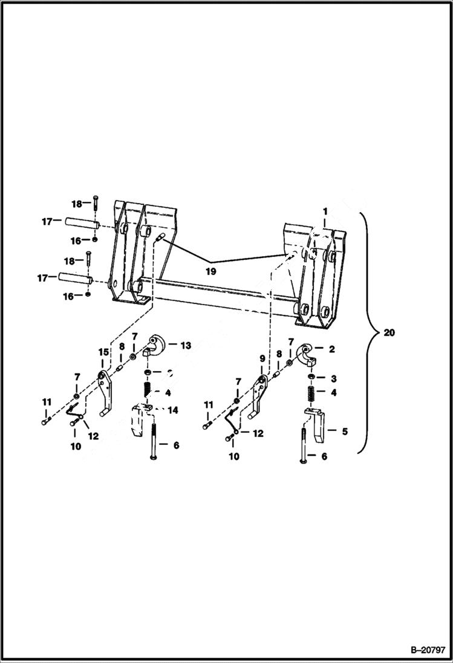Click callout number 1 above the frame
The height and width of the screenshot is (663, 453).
325,212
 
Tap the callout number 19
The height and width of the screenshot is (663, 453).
210,272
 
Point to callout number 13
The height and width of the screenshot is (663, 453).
186,346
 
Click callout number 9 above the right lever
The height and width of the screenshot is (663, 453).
262,358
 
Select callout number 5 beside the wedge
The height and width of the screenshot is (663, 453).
345,432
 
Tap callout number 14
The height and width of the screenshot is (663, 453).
173,410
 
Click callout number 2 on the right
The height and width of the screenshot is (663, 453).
331,349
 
